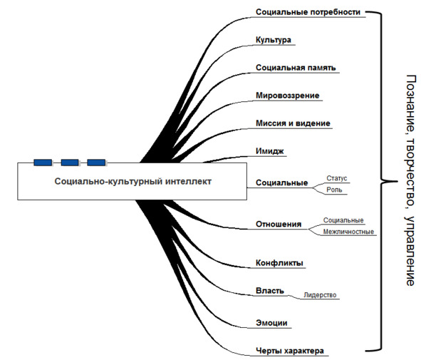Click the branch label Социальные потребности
308,12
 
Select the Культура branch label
274,40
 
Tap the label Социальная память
296,68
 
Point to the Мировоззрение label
287,96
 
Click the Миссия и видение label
293,123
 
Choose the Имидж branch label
269,151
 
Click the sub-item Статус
337,178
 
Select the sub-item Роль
334,190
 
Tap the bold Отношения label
279,224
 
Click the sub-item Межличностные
348,232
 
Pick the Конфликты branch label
279,263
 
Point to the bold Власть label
269,291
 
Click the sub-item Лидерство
320,295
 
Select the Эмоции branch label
271,323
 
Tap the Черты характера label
290,351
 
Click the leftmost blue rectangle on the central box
43,163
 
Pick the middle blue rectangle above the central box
70,163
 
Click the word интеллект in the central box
188,181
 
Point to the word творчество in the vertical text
410,174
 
